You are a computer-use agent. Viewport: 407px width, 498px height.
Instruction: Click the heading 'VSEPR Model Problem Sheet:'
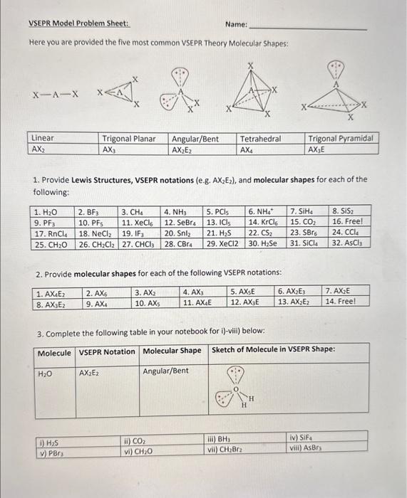[68, 23]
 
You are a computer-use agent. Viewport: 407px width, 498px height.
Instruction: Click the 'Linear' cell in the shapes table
[43, 138]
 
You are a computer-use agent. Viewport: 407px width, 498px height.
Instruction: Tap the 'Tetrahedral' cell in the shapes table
[260, 138]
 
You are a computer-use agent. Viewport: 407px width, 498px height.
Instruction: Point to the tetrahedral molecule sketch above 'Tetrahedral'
[252, 90]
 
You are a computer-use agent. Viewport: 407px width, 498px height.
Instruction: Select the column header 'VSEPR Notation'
[106, 351]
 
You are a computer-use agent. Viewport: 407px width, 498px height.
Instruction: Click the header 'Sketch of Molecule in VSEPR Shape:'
[273, 349]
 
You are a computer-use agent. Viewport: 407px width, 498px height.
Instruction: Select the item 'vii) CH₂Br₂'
[227, 449]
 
